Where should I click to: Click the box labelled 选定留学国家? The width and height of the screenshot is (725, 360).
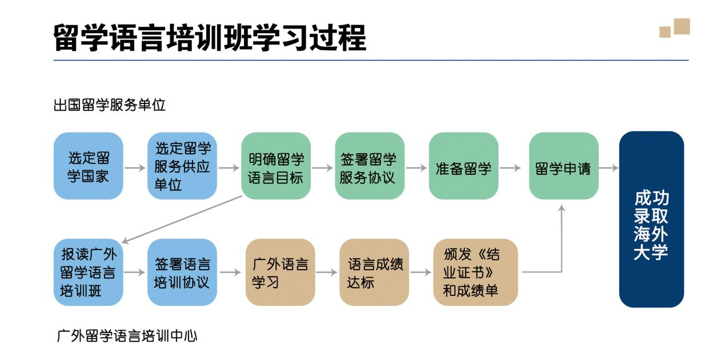[89, 166]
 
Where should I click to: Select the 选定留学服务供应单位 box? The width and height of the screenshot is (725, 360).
[182, 166]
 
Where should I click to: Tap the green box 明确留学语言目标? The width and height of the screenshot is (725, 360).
[276, 166]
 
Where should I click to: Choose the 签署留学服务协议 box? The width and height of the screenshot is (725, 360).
[370, 166]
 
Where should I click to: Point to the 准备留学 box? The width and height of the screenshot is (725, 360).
[463, 166]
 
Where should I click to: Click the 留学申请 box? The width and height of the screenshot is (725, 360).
[564, 166]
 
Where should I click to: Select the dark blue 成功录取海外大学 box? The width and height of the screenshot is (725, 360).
[651, 219]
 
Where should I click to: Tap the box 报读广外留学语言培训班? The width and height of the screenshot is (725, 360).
[89, 272]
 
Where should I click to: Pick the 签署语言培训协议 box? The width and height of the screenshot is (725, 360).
[182, 272]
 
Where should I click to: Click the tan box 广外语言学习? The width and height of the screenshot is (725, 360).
[281, 272]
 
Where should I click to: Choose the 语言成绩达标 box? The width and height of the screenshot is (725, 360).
[374, 272]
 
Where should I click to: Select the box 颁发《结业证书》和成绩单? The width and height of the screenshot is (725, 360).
[475, 272]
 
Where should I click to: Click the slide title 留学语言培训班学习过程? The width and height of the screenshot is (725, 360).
[210, 38]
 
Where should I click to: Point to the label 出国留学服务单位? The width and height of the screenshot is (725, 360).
[109, 105]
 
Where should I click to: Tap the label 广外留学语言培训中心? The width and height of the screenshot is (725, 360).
[127, 336]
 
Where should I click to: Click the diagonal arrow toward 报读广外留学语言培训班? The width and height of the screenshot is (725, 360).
[182, 219]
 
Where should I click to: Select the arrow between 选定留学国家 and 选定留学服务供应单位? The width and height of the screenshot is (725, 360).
[135, 167]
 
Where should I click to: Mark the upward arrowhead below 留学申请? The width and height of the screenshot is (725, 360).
[562, 209]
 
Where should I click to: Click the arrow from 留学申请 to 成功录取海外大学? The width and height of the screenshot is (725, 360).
[608, 167]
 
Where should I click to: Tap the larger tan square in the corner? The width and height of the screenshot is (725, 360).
[682, 26]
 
